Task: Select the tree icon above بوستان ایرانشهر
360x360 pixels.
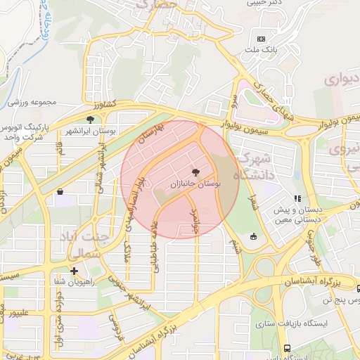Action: pyautogui.click(x=90, y=120)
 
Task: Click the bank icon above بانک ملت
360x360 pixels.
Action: pyautogui.click(x=261, y=39)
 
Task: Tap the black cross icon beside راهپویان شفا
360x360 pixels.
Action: pyautogui.click(x=74, y=270)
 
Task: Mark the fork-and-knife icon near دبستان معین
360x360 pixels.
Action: pyautogui.click(x=298, y=199)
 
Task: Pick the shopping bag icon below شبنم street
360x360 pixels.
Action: pyautogui.click(x=253, y=236)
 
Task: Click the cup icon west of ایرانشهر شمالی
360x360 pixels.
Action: pyautogui.click(x=60, y=191)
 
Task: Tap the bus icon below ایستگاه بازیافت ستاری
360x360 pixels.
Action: pyautogui.click(x=287, y=348)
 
